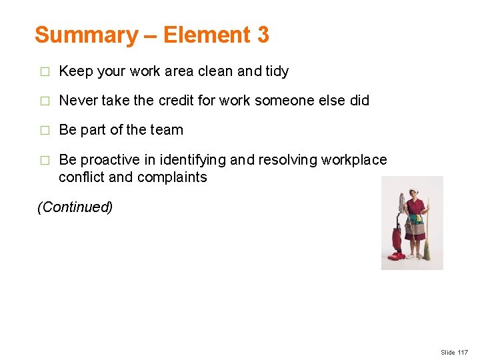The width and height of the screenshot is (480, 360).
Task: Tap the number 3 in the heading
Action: pos(262,35)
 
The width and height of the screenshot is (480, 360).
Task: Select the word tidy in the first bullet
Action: pos(276,71)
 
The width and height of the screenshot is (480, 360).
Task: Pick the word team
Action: pos(167,130)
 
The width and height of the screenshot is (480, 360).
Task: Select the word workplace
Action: pos(354,160)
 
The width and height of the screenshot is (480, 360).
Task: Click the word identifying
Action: pos(194,160)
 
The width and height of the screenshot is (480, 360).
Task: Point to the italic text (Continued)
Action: pos(75,207)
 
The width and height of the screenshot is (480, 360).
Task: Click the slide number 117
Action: pos(463,352)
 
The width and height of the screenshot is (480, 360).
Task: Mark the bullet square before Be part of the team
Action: pos(45,131)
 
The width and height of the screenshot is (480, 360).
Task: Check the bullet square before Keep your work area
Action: pos(45,71)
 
